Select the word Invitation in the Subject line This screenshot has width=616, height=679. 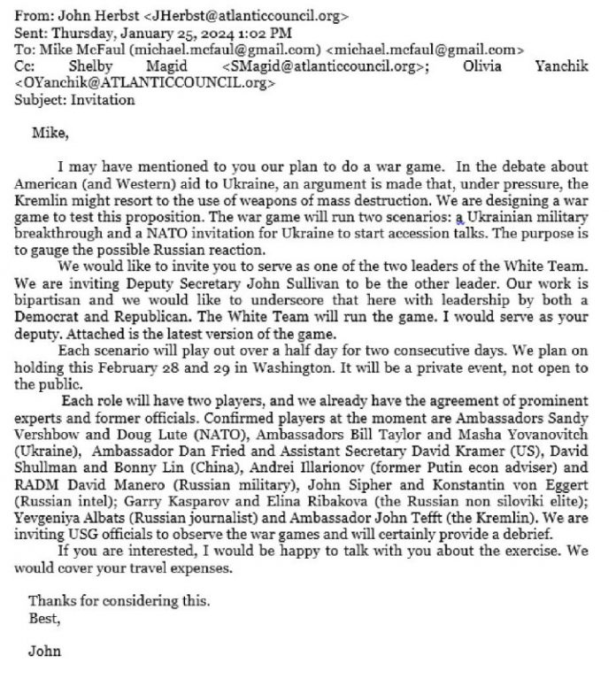tap(104, 100)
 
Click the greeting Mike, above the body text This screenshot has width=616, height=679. tap(50, 135)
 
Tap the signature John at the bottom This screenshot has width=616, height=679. tap(44, 652)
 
